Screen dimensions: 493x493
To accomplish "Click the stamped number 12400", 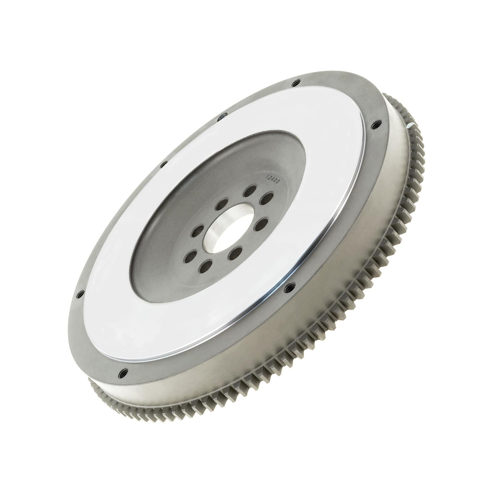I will tap(272, 179).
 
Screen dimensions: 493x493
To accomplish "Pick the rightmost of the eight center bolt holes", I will tap(266, 198).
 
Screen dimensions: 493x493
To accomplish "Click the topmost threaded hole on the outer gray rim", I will tap(296, 83).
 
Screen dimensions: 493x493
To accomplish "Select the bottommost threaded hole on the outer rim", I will tap(124, 372).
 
